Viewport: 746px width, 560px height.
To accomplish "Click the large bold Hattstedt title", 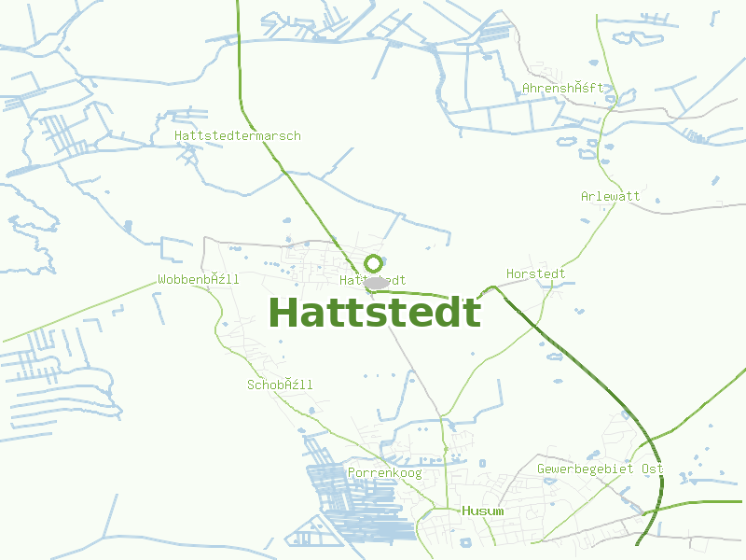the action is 375,313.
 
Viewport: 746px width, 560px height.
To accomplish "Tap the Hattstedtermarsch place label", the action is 238,136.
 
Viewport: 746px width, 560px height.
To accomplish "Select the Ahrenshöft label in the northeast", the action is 563,89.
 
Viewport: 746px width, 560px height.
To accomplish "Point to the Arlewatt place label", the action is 611,197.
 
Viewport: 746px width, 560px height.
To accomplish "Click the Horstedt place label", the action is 535,274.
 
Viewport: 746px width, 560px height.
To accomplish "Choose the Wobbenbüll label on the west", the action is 199,280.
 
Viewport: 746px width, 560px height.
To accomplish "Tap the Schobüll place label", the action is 280,385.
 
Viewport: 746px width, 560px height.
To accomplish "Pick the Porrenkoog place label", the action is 384,474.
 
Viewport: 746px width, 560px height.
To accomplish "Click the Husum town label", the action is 482,511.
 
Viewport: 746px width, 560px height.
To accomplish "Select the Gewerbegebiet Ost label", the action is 600,469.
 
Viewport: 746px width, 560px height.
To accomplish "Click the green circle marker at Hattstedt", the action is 374,263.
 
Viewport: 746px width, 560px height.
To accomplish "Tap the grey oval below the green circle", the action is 376,283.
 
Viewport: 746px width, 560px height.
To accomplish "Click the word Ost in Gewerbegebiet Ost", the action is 652,469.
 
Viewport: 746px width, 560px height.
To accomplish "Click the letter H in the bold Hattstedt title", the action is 284,313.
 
